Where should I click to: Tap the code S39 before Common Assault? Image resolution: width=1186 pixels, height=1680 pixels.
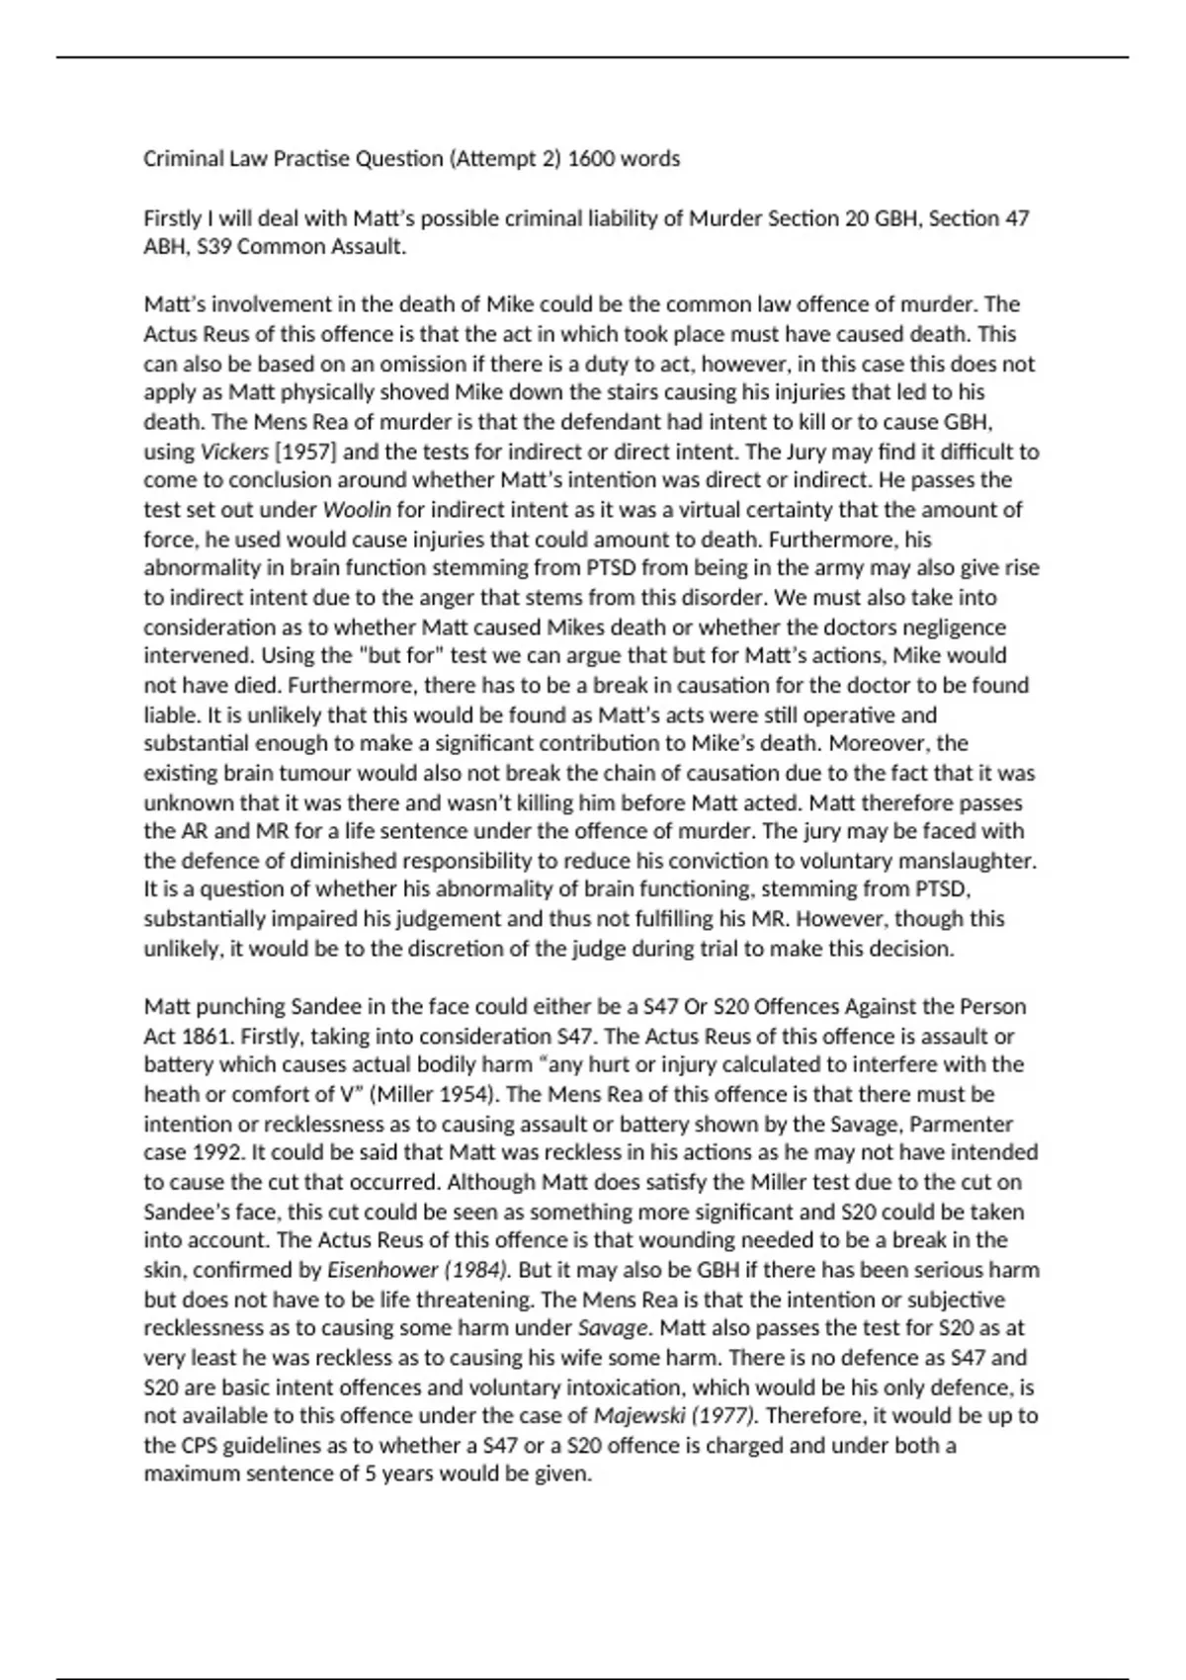[214, 247]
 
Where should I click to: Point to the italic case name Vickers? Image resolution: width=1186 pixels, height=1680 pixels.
[234, 452]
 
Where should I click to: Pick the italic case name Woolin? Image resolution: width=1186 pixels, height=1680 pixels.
[357, 510]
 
